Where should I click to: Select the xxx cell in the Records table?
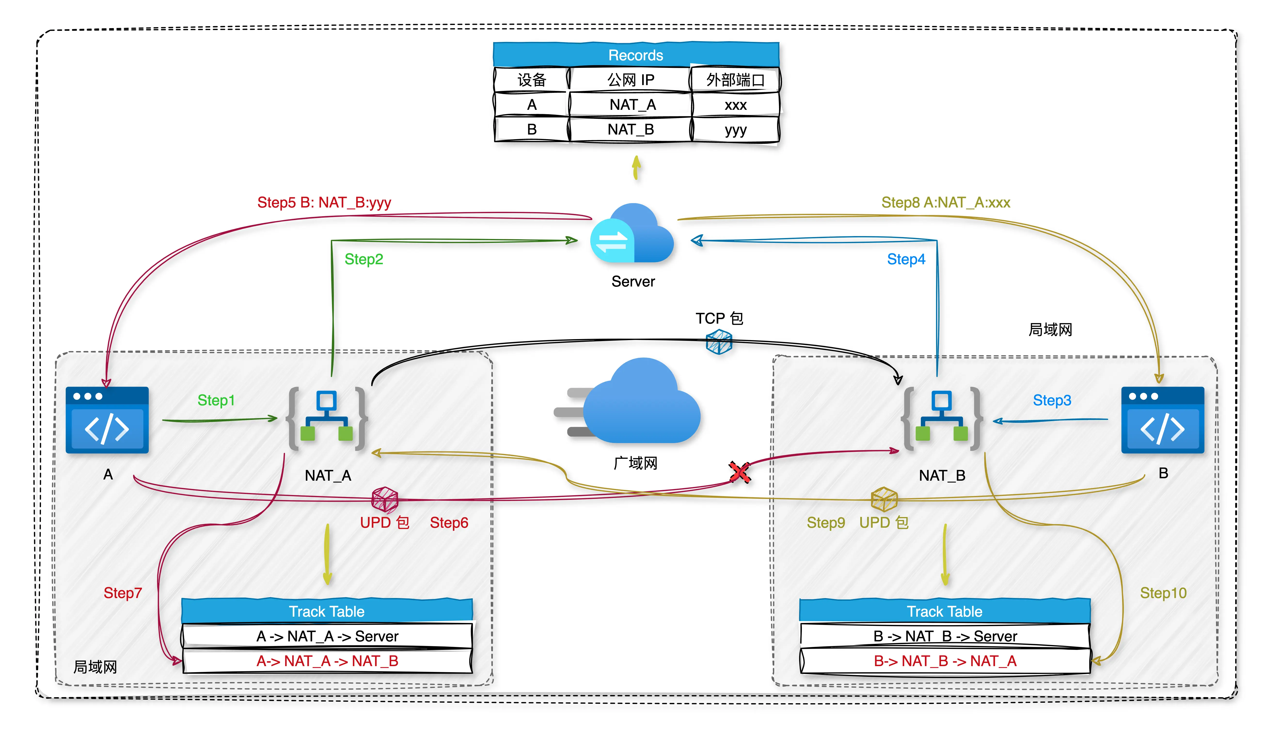pyautogui.click(x=735, y=105)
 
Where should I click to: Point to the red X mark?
pyautogui.click(x=739, y=473)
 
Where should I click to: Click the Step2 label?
pyautogui.click(x=364, y=259)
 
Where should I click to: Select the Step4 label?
pyautogui.click(x=906, y=259)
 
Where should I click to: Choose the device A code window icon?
pyautogui.click(x=107, y=420)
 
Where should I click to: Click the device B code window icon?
pyautogui.click(x=1163, y=420)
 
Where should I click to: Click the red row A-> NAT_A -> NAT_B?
pyautogui.click(x=328, y=661)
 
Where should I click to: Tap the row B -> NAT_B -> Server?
pyautogui.click(x=945, y=636)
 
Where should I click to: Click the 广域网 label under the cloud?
pyautogui.click(x=635, y=463)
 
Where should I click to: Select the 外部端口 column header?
pyautogui.click(x=735, y=80)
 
